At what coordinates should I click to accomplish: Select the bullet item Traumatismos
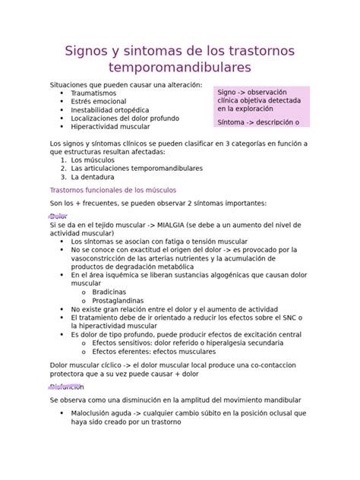(x=93, y=93)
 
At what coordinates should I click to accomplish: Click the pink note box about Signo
(x=263, y=106)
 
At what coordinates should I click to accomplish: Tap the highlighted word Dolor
(x=58, y=216)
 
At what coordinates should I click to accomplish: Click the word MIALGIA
(x=158, y=225)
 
